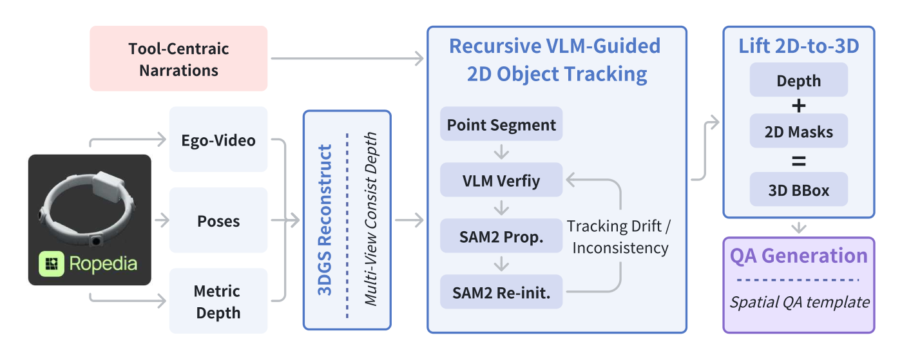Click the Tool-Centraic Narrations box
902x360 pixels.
tap(178, 59)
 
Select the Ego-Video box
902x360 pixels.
tap(218, 139)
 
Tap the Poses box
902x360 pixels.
tap(218, 220)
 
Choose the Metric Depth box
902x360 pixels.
tap(218, 301)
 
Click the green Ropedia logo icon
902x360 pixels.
tap(51, 264)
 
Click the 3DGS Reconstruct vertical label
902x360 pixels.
tap(325, 220)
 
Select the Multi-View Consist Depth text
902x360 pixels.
tap(371, 219)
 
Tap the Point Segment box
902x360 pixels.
tap(501, 124)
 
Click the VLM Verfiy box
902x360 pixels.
tap(501, 180)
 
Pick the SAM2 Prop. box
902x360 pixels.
tap(501, 236)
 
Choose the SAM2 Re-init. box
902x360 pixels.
tap(501, 292)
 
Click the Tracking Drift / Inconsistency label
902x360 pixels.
tap(619, 237)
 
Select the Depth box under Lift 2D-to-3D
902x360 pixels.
tap(798, 80)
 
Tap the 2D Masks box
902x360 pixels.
tap(798, 131)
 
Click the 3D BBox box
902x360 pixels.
tap(798, 189)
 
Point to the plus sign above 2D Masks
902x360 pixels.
tap(798, 106)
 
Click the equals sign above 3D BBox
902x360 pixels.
tap(798, 162)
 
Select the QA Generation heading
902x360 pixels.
tap(798, 256)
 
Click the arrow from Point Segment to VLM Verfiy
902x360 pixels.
tap(501, 152)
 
